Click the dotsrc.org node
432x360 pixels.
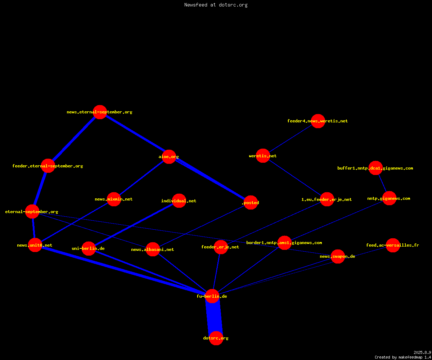(216, 338)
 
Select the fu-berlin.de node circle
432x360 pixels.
(212, 296)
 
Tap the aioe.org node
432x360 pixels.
(169, 157)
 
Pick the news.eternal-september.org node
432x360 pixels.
(100, 112)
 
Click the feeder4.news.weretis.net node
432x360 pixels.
(318, 121)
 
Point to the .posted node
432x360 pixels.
(251, 202)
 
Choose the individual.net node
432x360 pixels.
(179, 201)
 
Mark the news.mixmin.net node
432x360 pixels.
(114, 199)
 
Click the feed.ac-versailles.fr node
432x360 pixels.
(393, 245)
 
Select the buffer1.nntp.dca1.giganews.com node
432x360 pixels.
(375, 168)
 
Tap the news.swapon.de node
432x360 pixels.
(338, 256)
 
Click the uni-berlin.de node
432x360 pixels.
(89, 248)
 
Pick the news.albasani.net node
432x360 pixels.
(153, 249)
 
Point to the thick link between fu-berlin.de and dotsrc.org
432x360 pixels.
(214, 317)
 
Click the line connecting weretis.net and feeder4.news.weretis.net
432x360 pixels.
(291, 138)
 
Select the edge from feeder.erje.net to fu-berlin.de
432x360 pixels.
(216, 271)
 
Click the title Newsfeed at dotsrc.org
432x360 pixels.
(216, 5)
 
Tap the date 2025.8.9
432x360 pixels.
(422, 352)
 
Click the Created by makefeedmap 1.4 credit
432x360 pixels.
(403, 357)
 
